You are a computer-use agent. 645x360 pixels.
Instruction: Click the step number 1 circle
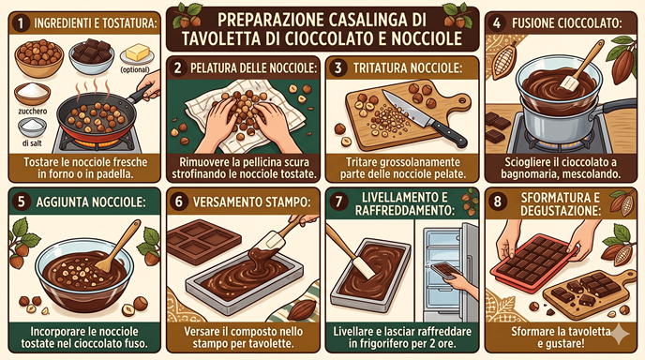21,23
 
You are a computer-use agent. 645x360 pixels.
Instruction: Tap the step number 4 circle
497,23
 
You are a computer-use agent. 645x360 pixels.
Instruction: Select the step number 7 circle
339,202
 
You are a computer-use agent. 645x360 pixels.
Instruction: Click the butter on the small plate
138,52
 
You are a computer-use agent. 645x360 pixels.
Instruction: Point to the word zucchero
33,111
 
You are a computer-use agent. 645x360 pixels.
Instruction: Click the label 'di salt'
32,143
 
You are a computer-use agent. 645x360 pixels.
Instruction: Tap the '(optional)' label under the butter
135,69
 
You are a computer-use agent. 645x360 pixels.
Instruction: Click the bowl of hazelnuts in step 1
39,57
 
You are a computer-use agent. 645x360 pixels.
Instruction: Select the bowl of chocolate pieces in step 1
91,56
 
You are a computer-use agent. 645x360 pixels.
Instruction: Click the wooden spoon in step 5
117,247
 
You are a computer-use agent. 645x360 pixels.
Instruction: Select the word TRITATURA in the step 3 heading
379,68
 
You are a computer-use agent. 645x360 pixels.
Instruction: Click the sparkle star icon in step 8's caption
620,333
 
